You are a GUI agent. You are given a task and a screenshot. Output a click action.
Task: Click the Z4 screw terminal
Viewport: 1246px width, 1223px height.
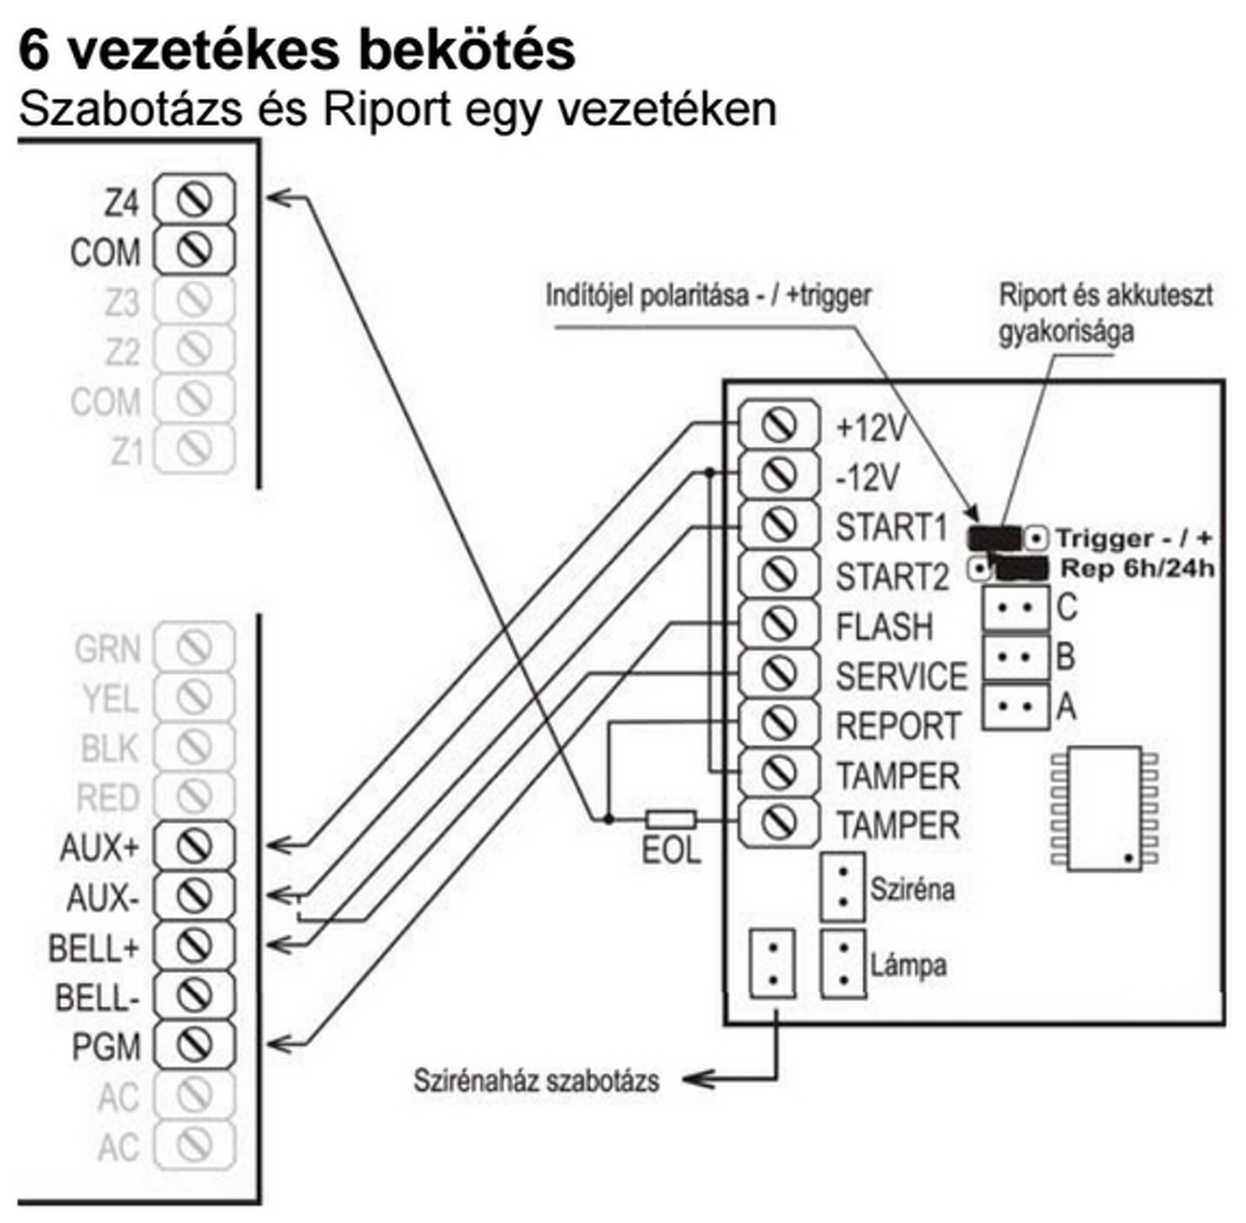coord(195,199)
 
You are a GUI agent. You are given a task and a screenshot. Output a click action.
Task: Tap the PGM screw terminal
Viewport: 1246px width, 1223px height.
coord(195,1045)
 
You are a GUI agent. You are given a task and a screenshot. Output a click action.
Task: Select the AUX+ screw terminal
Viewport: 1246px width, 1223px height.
coord(195,845)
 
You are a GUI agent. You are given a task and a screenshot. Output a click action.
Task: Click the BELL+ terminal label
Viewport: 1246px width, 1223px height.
coord(93,947)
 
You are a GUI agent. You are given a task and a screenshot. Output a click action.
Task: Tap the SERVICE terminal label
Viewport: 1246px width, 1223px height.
coord(901,676)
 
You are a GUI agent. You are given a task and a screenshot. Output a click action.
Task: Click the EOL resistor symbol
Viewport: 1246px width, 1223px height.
coord(671,819)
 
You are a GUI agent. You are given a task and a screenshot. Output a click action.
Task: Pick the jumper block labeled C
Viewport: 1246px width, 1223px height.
coord(1015,608)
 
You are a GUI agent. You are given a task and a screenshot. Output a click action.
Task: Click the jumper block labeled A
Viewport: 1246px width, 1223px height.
coord(1015,705)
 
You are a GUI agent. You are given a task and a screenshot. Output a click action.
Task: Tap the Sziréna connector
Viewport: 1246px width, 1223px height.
coord(843,887)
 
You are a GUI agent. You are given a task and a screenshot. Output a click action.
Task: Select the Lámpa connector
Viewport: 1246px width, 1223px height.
coord(843,963)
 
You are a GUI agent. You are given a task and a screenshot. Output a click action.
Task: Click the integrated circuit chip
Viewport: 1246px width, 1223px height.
coord(1104,808)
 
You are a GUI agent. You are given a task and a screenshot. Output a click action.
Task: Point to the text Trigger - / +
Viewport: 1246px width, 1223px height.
coord(1134,538)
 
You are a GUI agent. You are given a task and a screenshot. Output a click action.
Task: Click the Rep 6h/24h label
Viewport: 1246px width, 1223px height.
coord(1137,568)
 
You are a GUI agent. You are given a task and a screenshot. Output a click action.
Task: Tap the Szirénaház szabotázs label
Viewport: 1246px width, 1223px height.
coord(536,1080)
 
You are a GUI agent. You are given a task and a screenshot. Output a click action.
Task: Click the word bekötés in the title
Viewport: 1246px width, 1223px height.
coord(465,51)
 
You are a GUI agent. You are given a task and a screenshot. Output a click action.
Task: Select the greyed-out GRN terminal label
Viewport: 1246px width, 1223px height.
coord(107,648)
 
